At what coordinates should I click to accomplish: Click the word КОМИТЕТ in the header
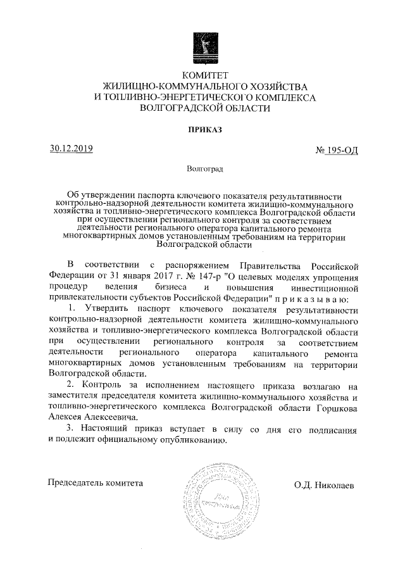point(202,76)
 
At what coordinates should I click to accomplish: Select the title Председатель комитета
point(96,484)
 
